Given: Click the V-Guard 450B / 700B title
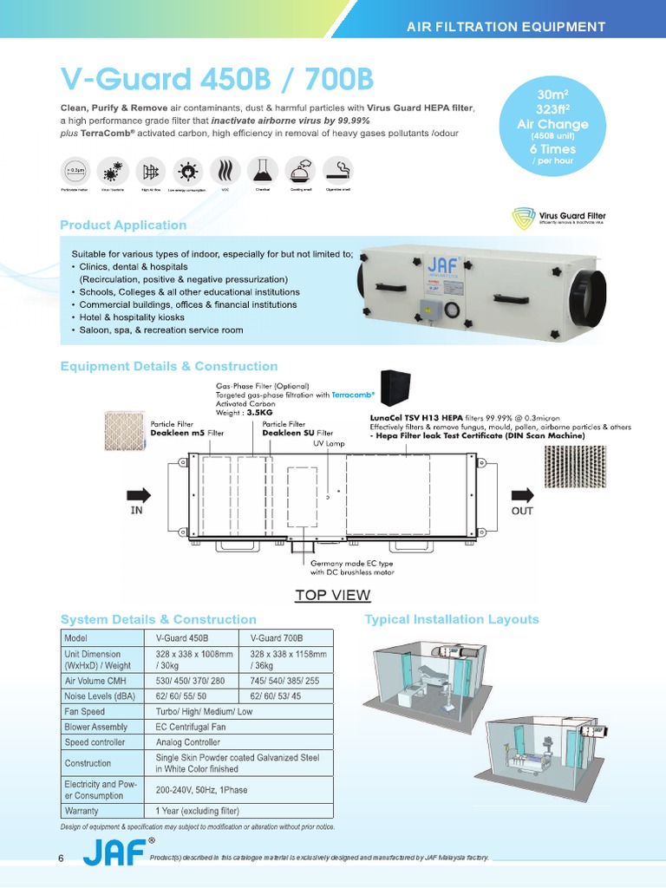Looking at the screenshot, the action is [x=217, y=80].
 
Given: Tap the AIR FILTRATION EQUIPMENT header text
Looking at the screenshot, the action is [x=506, y=27].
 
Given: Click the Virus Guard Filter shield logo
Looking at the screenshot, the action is [x=522, y=218].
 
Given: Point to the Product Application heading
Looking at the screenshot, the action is [x=123, y=225].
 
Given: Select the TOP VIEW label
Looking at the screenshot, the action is [x=332, y=595].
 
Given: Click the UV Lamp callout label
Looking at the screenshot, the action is [x=329, y=443].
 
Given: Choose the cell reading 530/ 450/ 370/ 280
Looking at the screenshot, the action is [x=190, y=681].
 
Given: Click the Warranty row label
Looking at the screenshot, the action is [x=82, y=812].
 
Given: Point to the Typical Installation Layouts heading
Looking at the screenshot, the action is [x=452, y=619].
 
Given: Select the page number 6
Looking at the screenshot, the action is [x=61, y=858].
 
